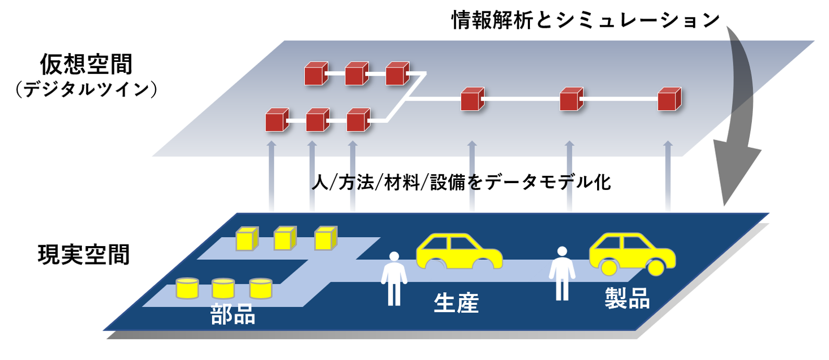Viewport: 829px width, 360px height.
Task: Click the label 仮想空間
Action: coord(87,65)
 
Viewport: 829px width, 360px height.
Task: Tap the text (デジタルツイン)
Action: coord(87,90)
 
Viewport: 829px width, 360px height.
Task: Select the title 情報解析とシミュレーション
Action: coord(586,20)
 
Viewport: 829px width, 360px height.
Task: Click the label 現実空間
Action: coord(84,255)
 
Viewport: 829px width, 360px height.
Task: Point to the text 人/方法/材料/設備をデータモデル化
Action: coord(461,183)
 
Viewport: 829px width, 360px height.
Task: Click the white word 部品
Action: coord(233,315)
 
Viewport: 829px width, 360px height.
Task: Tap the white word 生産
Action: coord(456,303)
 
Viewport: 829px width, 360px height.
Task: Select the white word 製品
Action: coord(627,299)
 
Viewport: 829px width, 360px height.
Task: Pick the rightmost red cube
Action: coord(669,99)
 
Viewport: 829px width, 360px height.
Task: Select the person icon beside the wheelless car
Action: coord(394,278)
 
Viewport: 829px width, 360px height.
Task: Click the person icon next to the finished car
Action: coord(562,273)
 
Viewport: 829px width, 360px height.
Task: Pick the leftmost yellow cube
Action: coord(247,239)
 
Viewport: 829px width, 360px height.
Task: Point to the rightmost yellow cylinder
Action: coord(261,288)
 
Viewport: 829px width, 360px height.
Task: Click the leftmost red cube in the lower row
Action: coord(277,120)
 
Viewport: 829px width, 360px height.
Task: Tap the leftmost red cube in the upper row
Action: coord(316,74)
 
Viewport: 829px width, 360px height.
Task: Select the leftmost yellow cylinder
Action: coord(187,288)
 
